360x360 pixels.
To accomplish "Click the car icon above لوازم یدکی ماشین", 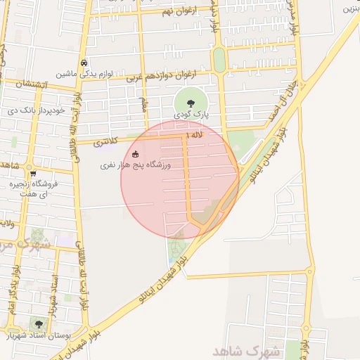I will [x=84, y=62].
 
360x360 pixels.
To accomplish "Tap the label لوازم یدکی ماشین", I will [x=75, y=73].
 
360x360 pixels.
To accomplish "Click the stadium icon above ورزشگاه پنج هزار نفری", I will [x=136, y=155].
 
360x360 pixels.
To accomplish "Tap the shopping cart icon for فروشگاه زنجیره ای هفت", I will [x=32, y=174].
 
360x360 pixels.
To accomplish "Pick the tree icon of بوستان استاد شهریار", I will [x=39, y=324].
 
